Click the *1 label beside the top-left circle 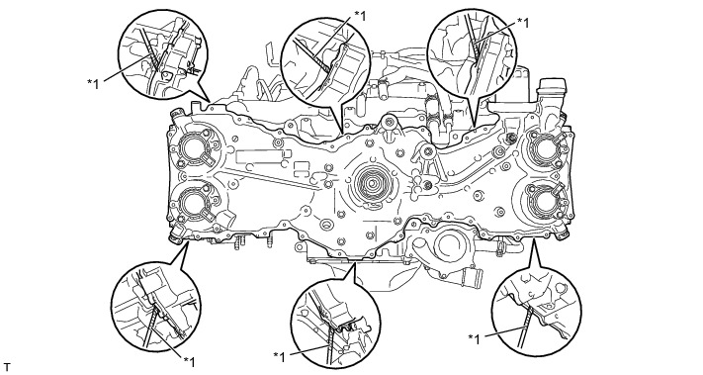[93, 83]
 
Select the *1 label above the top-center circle [360, 16]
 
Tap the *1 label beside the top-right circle [523, 23]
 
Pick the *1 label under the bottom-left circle [189, 361]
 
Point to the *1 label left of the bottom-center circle [279, 357]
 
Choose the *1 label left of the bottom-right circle [474, 339]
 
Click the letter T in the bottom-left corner [6, 367]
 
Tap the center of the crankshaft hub [371, 183]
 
